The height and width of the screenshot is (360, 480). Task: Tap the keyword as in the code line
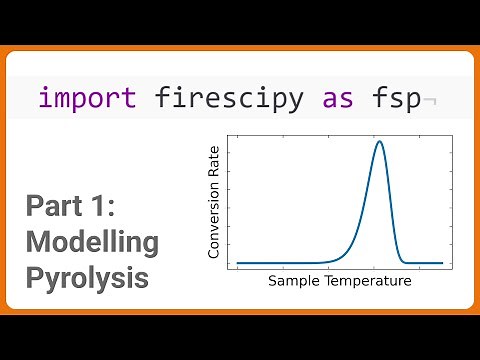(x=337, y=98)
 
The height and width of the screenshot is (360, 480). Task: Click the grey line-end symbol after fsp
(x=430, y=100)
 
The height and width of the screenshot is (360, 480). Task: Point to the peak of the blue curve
(x=379, y=141)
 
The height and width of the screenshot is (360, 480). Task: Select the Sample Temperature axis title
(x=340, y=281)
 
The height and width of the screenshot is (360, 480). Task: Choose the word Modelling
(x=92, y=242)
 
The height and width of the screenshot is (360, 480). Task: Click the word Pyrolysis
(x=88, y=275)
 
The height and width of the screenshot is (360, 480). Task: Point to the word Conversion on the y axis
(x=213, y=222)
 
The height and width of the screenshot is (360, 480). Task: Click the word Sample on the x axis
(x=293, y=281)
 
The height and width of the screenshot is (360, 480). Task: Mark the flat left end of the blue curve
(x=245, y=263)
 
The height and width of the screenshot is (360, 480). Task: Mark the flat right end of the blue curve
(x=435, y=263)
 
